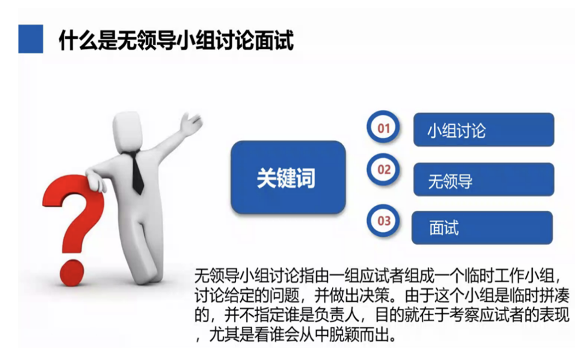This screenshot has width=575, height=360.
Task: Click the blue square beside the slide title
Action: pos(31,39)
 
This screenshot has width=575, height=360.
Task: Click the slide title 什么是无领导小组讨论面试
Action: pos(177,40)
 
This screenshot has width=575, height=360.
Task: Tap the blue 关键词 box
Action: pos(288,178)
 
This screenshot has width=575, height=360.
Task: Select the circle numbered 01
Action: pos(383,127)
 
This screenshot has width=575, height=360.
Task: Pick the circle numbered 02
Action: pos(383,170)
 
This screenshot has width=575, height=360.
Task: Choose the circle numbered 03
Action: pos(383,221)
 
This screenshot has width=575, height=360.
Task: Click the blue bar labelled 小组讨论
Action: pos(483,130)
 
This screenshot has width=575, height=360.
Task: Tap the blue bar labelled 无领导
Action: pos(483,180)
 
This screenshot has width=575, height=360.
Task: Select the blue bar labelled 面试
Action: pos(482,228)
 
